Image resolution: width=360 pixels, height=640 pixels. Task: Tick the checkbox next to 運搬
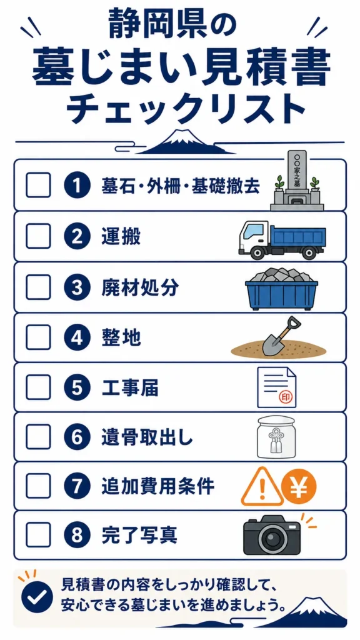tap(38, 236)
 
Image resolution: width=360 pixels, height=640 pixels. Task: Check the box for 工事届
tap(38, 387)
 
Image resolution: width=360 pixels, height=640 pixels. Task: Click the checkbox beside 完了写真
tap(38, 536)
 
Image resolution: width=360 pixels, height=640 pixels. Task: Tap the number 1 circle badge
tap(77, 185)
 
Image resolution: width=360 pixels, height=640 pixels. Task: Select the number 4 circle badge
tap(77, 337)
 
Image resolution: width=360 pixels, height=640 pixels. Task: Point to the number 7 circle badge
tap(77, 486)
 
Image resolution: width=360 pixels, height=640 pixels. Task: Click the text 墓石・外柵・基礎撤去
tap(181, 186)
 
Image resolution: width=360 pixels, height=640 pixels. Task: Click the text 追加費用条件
tap(158, 486)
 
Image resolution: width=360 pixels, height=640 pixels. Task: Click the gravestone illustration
tap(297, 180)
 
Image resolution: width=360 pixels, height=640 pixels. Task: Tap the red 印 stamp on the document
tap(285, 396)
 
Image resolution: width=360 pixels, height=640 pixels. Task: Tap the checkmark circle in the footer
tap(37, 596)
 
